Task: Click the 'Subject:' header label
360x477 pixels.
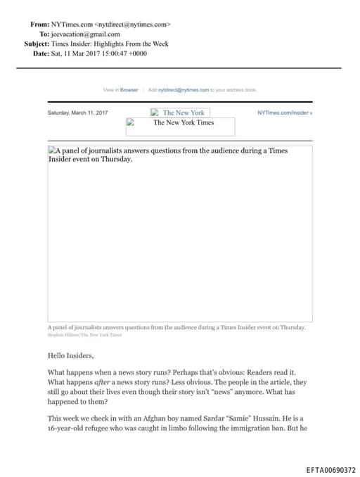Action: click(36, 44)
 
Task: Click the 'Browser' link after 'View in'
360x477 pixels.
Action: click(129, 90)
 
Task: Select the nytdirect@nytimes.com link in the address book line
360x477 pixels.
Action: click(184, 90)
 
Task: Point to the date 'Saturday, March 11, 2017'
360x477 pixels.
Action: click(77, 113)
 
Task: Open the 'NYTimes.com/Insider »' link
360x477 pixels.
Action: click(285, 113)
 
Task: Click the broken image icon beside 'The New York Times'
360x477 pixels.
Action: click(130, 122)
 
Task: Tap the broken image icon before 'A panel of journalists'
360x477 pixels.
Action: click(52, 151)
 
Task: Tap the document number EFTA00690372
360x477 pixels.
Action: click(331, 470)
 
